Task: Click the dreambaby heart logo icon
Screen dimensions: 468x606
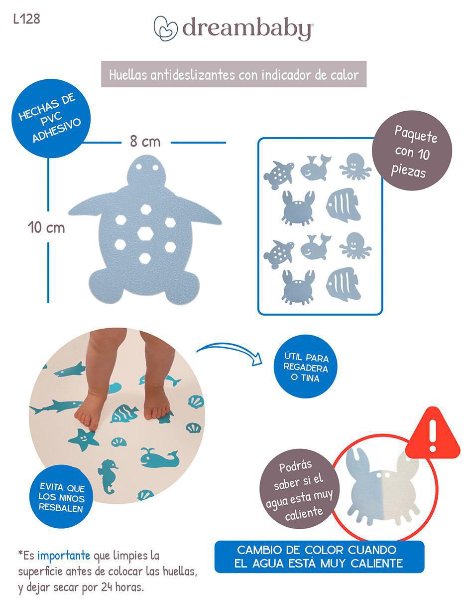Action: point(166,28)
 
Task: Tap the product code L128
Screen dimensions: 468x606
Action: point(27,19)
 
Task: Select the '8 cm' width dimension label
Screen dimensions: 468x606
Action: point(145,142)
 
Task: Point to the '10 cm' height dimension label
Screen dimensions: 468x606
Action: point(46,227)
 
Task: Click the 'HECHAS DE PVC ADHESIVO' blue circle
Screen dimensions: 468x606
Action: point(50,119)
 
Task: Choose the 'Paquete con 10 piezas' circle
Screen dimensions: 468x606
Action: point(412,151)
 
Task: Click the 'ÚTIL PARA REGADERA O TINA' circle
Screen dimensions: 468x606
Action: point(306,368)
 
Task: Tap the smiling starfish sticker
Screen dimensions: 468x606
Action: point(83,439)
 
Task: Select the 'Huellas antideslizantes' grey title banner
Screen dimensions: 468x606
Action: point(234,74)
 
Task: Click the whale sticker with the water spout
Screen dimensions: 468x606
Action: point(159,458)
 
